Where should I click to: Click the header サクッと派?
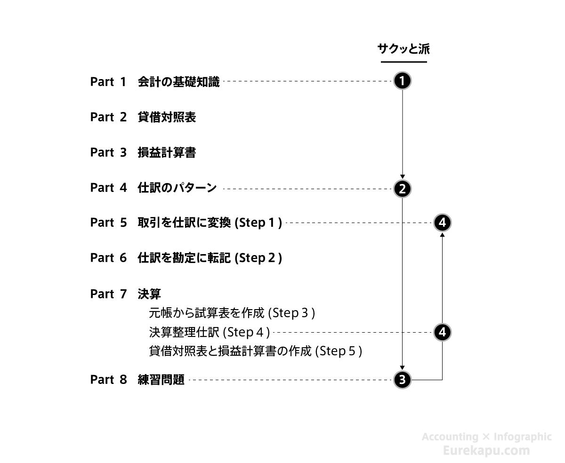coord(404,49)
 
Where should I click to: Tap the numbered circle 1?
coord(402,81)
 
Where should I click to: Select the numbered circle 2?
coord(402,189)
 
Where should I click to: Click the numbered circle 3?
coord(402,379)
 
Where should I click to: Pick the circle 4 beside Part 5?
coord(442,223)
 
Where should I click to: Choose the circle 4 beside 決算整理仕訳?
coord(442,332)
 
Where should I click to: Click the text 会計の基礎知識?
coord(178,82)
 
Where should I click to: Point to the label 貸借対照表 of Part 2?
coord(167,117)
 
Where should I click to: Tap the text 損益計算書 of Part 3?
coord(167,152)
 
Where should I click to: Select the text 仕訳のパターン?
coord(177,187)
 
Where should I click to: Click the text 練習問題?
coord(161,379)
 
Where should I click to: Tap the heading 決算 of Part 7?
coord(149,294)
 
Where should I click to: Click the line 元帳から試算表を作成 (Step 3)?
coord(232,313)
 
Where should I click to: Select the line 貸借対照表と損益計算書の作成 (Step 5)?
coord(255,351)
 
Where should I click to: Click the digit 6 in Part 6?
coord(123,257)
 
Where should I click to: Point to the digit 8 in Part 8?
coord(123,379)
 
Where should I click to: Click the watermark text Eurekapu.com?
coord(486,450)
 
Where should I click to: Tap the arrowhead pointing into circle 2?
coord(402,177)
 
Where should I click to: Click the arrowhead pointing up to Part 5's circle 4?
coord(442,235)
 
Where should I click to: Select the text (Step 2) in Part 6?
coord(258,258)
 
